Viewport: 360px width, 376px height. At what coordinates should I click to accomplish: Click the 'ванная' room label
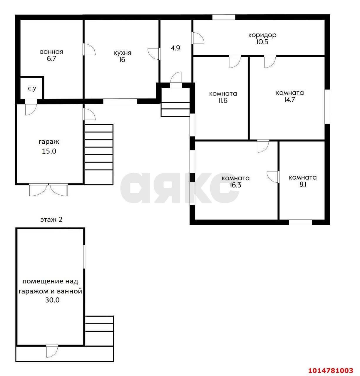click(x=51, y=52)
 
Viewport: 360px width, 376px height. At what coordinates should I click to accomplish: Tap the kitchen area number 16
click(x=122, y=60)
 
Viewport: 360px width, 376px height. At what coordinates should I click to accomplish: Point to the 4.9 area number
click(x=175, y=48)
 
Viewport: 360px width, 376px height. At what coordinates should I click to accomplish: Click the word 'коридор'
click(x=262, y=35)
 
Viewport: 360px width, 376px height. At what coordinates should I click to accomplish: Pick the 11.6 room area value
click(x=223, y=100)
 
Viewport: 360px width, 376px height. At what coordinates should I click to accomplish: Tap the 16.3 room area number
click(x=235, y=185)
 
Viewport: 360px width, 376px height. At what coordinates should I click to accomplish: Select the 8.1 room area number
click(x=303, y=184)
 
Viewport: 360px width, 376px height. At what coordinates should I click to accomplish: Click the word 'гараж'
click(x=49, y=142)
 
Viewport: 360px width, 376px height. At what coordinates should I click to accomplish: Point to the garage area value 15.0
click(x=49, y=151)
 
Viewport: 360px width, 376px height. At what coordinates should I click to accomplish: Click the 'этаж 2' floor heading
click(x=51, y=220)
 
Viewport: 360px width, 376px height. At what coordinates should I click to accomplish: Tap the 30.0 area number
click(x=52, y=300)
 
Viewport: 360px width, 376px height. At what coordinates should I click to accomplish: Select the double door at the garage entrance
click(x=48, y=189)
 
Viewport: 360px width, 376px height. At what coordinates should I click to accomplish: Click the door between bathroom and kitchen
click(x=89, y=49)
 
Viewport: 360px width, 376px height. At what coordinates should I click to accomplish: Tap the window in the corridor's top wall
click(x=224, y=17)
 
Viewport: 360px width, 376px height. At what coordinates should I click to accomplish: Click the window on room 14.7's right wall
click(x=327, y=106)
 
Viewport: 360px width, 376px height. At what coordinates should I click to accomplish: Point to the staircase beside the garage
click(x=99, y=154)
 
